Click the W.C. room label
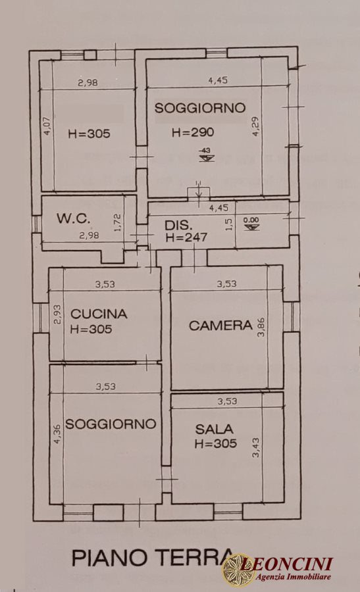coord(73,218)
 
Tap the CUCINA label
coord(99,314)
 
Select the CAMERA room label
coord(220,326)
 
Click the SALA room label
coord(214,429)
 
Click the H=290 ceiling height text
coord(193,132)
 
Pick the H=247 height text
coord(186,237)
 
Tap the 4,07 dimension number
coord(47,126)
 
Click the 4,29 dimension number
coord(256,126)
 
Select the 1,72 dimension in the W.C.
coord(116,222)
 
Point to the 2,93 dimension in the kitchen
coord(57,314)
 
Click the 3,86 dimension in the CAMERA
coord(261,328)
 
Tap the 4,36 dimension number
coord(57,435)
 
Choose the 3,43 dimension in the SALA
coord(256,447)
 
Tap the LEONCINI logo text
coord(287,564)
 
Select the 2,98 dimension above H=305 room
coord(88,82)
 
